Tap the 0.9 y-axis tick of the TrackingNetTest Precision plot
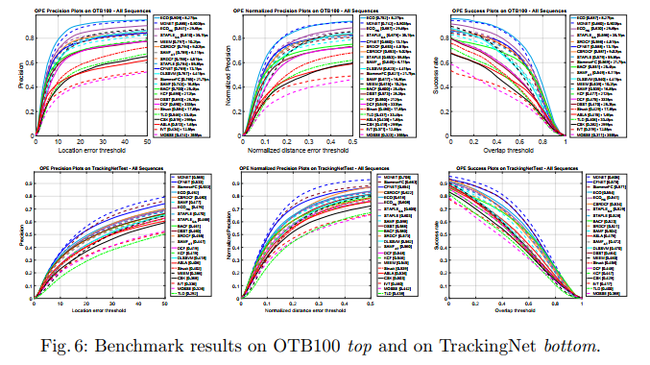click(26, 185)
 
